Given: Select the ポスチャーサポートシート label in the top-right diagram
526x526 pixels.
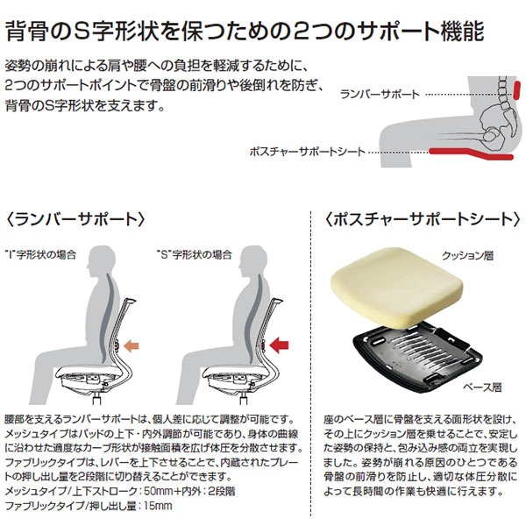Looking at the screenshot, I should tap(306, 152).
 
